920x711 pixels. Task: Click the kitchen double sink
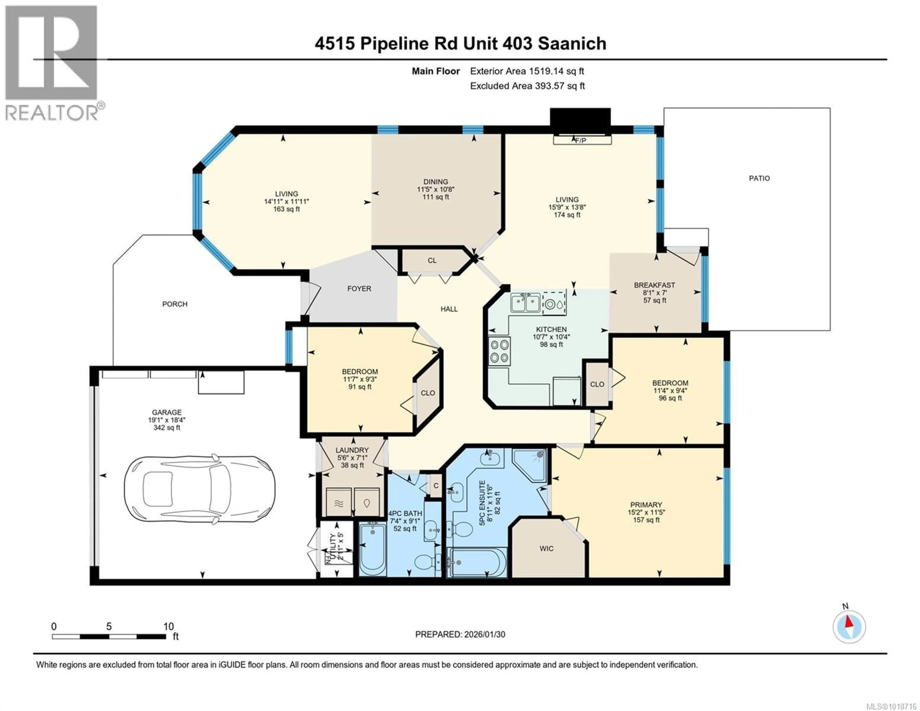(525, 303)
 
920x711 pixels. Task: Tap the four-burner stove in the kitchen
(499, 351)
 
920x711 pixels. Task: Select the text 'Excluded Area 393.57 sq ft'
(527, 86)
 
